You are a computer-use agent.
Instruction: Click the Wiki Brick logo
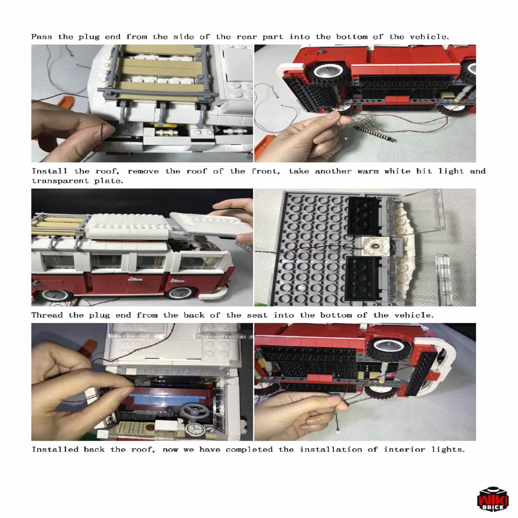coord(493,499)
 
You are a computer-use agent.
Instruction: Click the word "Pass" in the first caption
coord(41,36)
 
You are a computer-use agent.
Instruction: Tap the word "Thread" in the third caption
coord(47,315)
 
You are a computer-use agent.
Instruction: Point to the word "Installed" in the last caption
coord(55,450)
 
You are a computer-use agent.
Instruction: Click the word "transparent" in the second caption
coord(60,181)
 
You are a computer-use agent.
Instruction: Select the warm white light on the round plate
coord(376,246)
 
